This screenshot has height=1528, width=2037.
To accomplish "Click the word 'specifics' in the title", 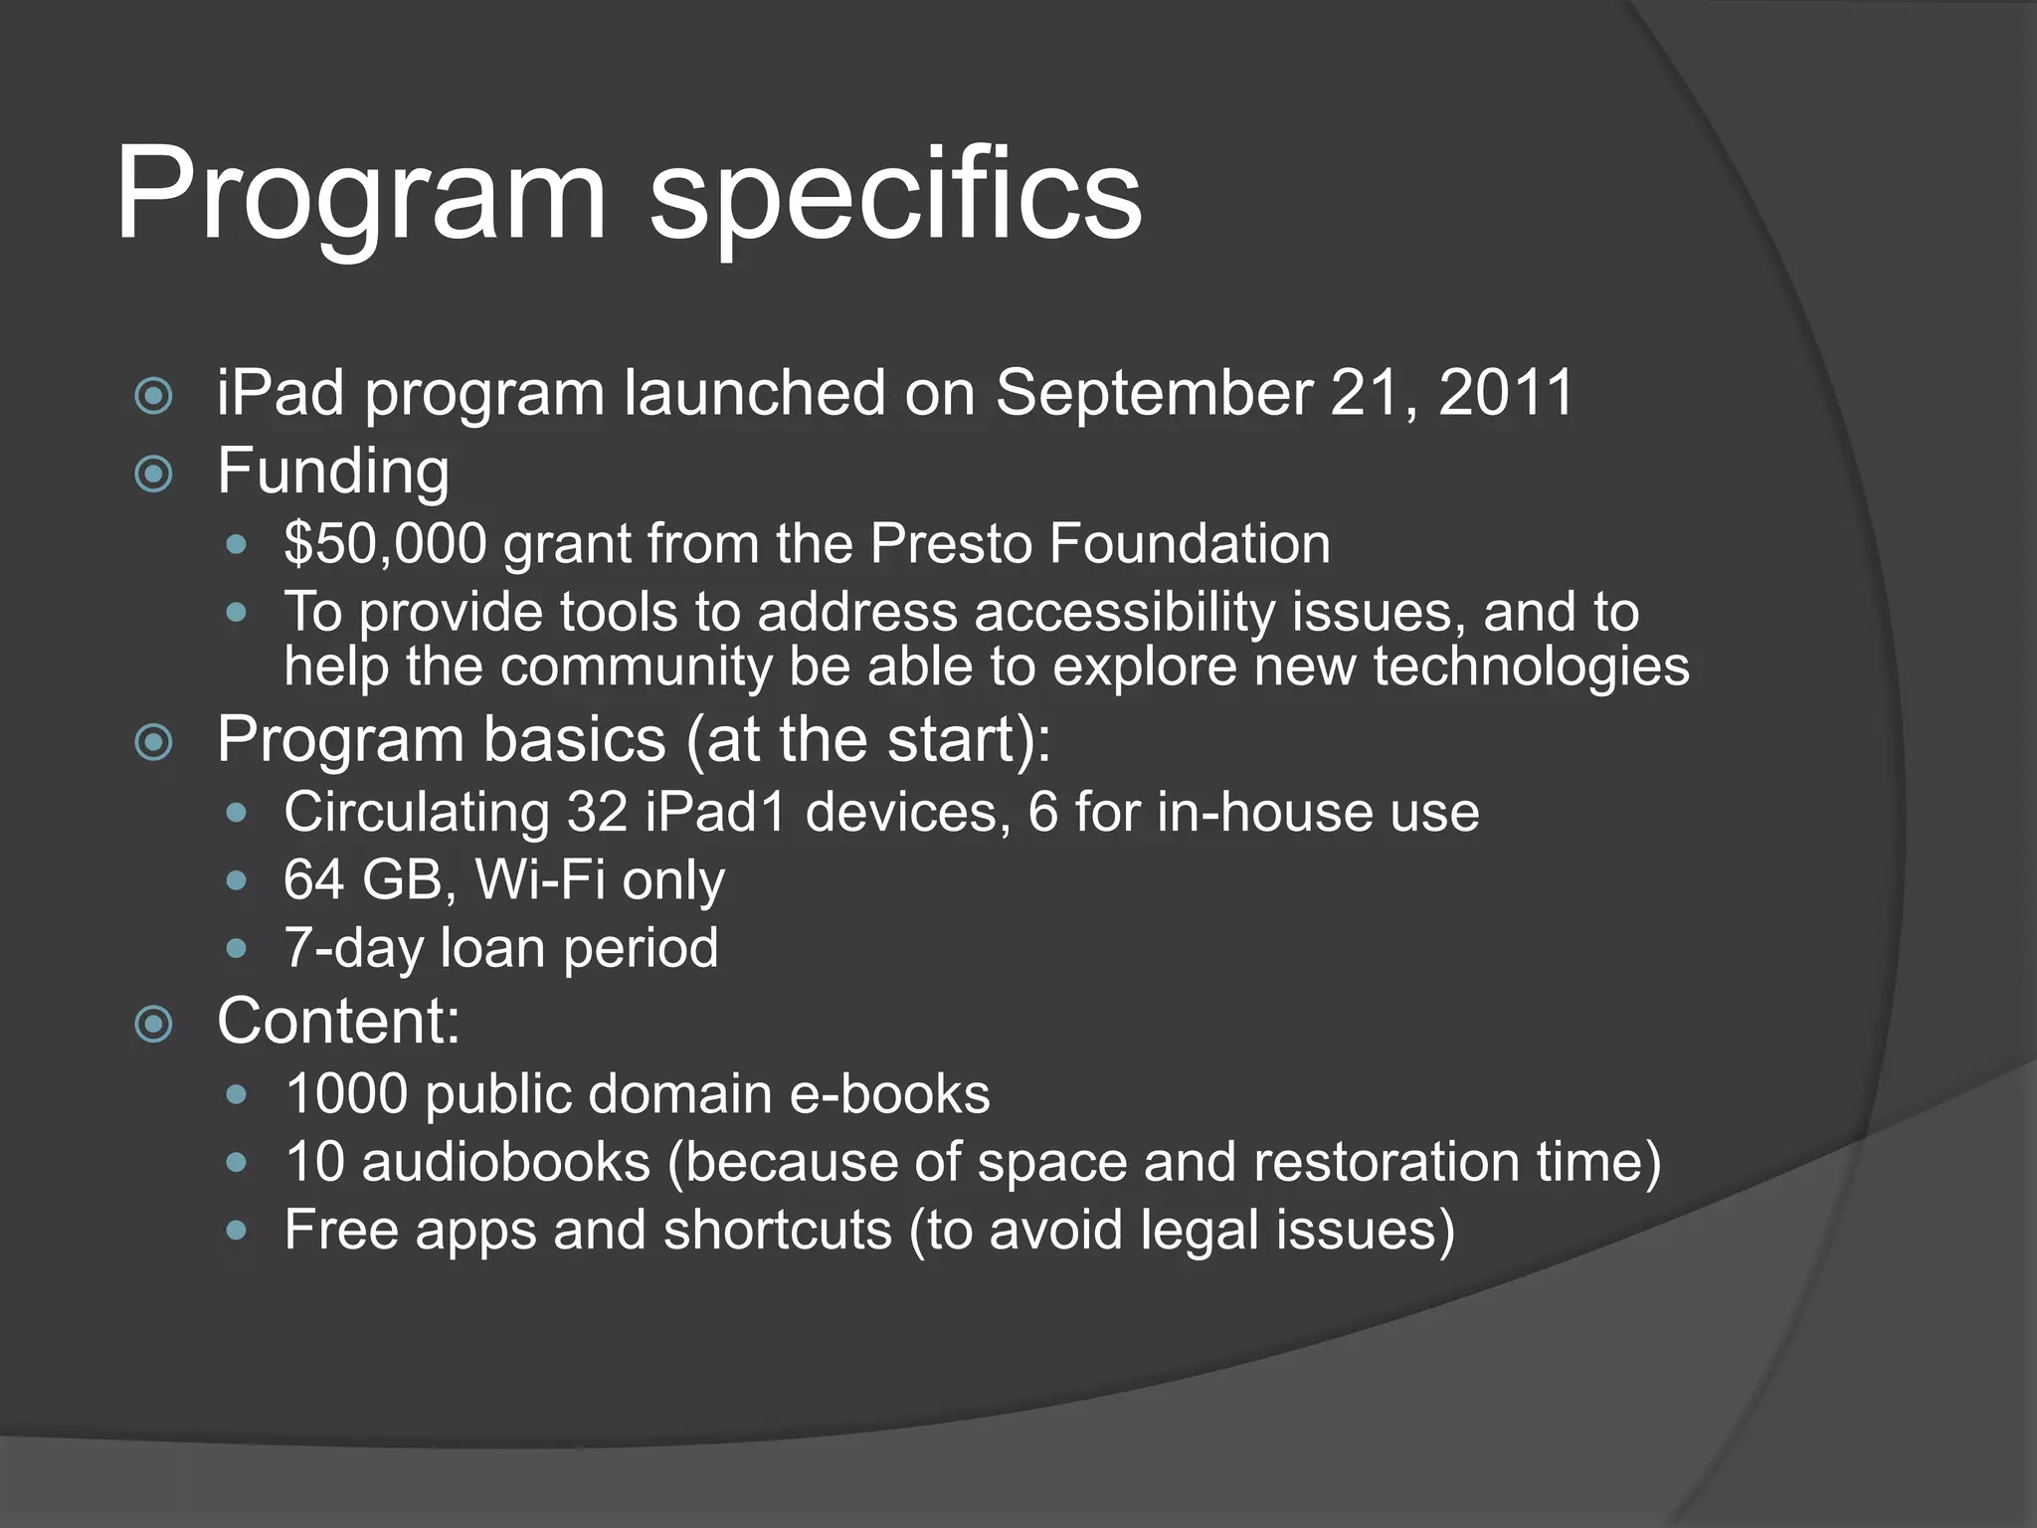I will [x=895, y=194].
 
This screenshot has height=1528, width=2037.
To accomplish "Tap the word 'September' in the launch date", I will [x=1154, y=393].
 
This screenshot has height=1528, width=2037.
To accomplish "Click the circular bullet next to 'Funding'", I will [x=153, y=474].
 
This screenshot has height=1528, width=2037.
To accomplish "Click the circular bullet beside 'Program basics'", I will [x=153, y=742].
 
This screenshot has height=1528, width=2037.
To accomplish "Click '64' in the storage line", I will [x=313, y=880].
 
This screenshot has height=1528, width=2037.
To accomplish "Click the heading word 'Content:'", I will [x=338, y=1022].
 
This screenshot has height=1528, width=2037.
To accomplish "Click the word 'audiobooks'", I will [x=505, y=1162].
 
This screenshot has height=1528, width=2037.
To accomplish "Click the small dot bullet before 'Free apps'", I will [x=236, y=1231].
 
